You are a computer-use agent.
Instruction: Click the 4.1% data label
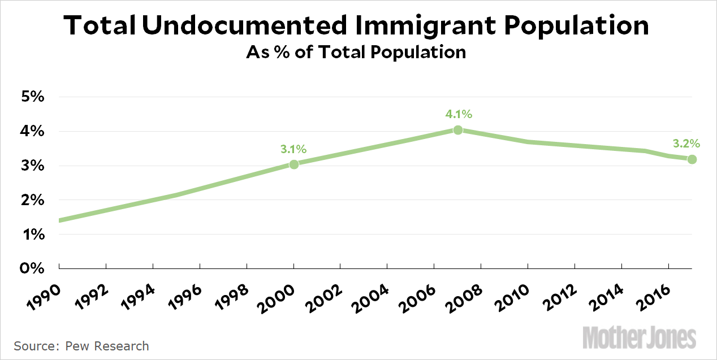459,115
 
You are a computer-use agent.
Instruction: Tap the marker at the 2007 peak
458,130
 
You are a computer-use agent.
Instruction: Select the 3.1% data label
293,150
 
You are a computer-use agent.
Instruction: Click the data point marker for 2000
294,164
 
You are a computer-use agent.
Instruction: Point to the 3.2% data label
686,144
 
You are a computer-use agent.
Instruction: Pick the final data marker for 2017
692,159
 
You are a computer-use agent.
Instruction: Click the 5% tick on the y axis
32,97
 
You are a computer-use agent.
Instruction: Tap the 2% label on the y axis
32,199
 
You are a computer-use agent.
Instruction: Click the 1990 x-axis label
40,296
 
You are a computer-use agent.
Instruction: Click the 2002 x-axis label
321,296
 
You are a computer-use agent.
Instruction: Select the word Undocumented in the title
245,26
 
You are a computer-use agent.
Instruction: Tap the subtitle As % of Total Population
356,53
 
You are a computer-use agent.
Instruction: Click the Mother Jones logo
639,337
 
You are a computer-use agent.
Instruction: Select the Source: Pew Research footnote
81,346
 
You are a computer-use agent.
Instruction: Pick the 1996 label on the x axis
181,296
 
